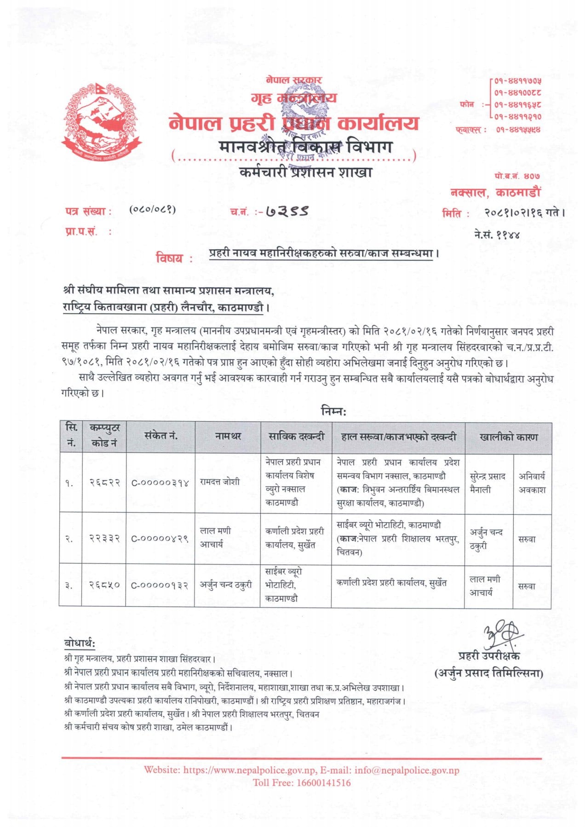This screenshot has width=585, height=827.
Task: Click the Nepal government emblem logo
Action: [102, 121]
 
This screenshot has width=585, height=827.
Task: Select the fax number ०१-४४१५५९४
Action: [518, 130]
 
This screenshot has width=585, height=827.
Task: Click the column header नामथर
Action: [228, 436]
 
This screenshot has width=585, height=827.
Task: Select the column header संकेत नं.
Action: [161, 436]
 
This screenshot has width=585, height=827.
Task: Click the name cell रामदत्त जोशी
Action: [219, 482]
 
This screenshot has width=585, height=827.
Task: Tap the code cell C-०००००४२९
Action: [160, 539]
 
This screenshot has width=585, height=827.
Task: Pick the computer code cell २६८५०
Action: [104, 585]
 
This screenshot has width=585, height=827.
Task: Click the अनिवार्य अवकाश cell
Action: [532, 483]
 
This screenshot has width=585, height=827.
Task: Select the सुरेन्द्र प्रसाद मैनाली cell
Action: [487, 483]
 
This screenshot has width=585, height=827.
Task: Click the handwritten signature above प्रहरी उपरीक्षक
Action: [500, 636]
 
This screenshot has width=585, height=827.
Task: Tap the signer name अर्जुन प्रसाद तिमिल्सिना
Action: [488, 673]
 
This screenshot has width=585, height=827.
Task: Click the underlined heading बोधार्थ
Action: [80, 643]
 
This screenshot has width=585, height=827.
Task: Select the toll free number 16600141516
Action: [324, 782]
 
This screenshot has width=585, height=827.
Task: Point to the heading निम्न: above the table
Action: [333, 411]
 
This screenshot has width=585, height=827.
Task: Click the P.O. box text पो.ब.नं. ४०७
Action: [517, 176]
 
